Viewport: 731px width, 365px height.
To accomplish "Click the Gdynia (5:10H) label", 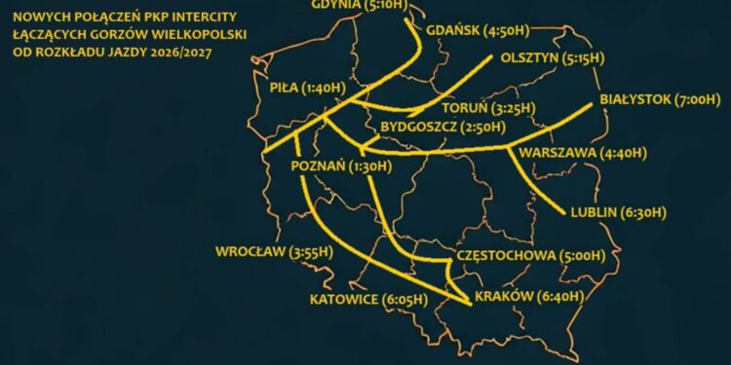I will pyautogui.click(x=367, y=5).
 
